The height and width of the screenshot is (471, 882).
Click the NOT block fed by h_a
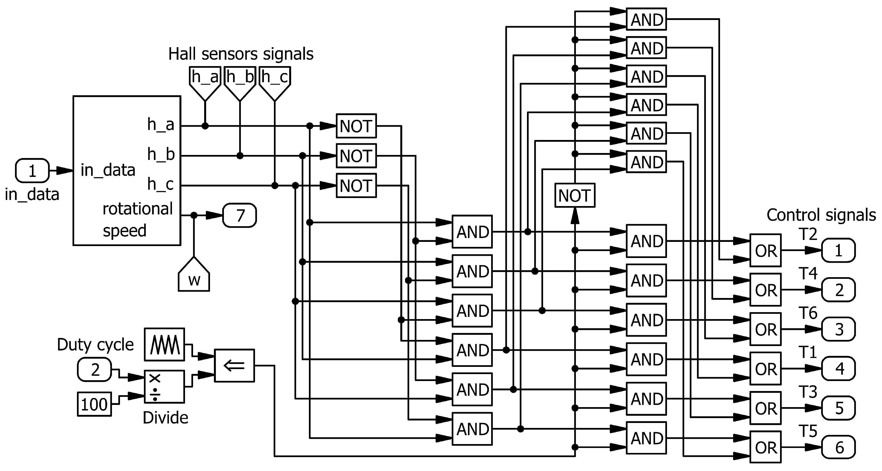tap(356, 126)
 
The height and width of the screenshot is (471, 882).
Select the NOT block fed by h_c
tap(356, 186)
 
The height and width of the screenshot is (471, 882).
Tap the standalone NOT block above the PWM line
tap(574, 196)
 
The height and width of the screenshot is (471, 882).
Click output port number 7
tap(239, 215)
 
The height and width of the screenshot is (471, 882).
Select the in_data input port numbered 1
tap(32, 171)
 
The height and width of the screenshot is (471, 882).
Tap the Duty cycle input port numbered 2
tap(94, 369)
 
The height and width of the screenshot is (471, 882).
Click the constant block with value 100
tap(94, 404)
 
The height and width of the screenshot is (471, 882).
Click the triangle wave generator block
tap(164, 344)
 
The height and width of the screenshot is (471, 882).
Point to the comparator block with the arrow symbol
tap(234, 365)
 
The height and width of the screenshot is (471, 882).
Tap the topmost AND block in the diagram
tap(646, 19)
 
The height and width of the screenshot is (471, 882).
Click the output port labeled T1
tap(838, 368)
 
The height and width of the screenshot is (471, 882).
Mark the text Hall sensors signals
tap(241, 54)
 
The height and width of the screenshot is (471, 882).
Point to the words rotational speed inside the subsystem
tap(138, 219)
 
